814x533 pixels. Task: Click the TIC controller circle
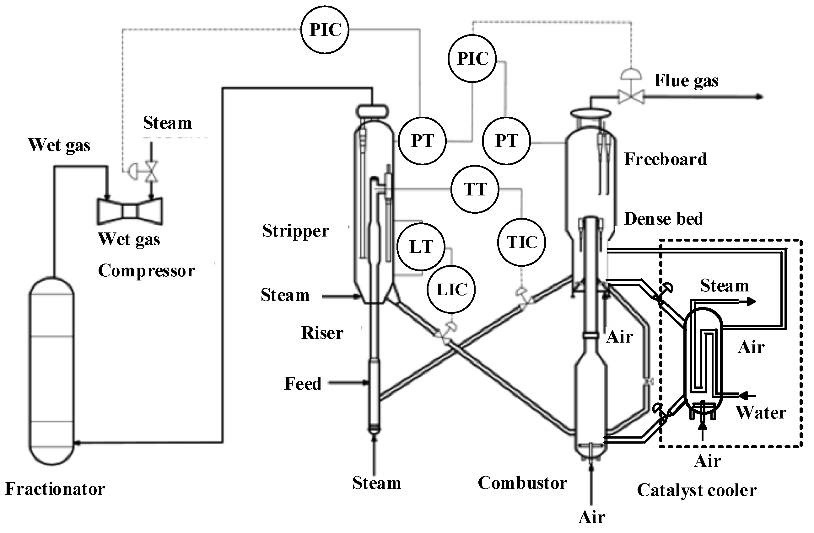[x=521, y=242]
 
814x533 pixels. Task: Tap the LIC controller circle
[x=451, y=290]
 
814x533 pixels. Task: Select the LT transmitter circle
[x=421, y=247]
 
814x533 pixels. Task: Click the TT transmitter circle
[x=475, y=189]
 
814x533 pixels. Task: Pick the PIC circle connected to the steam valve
[x=325, y=30]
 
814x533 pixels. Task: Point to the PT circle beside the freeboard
[x=507, y=141]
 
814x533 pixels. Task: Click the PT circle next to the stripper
[x=423, y=141]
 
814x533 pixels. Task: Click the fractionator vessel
[x=51, y=371]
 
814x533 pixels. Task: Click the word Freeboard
[x=665, y=159]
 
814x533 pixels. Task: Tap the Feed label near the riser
[x=303, y=384]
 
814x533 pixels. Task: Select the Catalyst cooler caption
[x=697, y=490]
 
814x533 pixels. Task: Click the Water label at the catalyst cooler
[x=761, y=413]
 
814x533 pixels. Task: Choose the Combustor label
[x=522, y=483]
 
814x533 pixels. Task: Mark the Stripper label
[x=295, y=231]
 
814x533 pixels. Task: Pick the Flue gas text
[x=686, y=81]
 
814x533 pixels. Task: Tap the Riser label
[x=322, y=333]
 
